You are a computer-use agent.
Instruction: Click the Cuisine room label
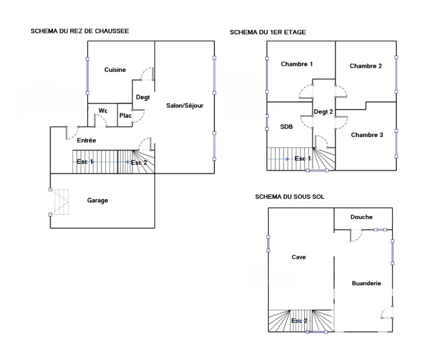coord(115,70)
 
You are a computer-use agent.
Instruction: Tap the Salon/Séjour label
coord(185,105)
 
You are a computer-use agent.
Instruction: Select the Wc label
coord(103,111)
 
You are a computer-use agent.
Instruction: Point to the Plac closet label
coord(126,115)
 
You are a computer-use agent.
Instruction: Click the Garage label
coord(97,201)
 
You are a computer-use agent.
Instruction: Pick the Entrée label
coord(87,141)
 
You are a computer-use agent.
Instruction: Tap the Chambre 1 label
coord(296,64)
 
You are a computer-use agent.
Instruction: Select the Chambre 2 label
coord(365,66)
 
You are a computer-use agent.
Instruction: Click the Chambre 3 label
coord(367,135)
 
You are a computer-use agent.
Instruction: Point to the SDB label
coord(287,127)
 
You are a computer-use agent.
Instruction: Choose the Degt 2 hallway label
coord(323,112)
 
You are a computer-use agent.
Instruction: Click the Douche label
coord(362,217)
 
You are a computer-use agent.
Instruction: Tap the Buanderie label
coord(366,283)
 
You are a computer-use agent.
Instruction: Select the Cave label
coord(299,257)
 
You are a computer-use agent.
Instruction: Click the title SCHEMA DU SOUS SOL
coord(290,197)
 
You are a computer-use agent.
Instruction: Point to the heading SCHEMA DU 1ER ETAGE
coord(268,32)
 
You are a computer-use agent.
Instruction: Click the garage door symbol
coord(59,202)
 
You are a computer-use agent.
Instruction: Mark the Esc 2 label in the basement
coord(299,321)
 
